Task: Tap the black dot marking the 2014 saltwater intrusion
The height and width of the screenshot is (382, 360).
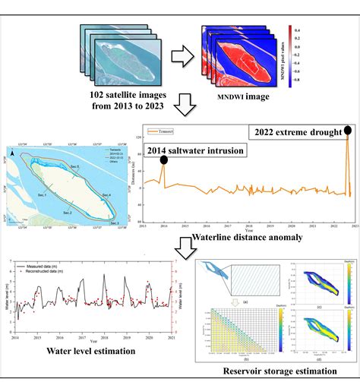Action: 163,163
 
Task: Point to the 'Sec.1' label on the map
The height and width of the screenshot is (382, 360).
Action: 41,195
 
